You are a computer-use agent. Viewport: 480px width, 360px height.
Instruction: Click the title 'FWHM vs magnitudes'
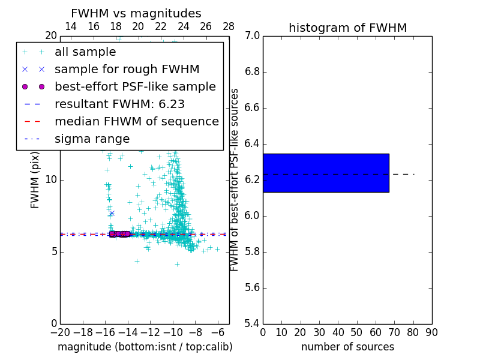(136, 14)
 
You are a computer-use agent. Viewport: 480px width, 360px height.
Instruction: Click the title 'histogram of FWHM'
(347, 28)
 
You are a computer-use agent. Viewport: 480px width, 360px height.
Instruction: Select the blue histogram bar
(326, 173)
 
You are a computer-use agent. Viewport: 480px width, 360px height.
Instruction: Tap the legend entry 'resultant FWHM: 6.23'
(119, 104)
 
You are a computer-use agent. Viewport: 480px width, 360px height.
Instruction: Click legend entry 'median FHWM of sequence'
(136, 122)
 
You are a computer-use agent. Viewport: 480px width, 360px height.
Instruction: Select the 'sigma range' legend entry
(92, 139)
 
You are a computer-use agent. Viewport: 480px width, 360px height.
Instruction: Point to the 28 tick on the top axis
(229, 26)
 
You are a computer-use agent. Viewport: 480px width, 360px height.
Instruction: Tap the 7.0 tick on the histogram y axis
(253, 36)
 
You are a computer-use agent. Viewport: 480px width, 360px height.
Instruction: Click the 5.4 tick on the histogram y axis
(253, 323)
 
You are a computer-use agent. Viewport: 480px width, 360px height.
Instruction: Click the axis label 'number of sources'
(347, 347)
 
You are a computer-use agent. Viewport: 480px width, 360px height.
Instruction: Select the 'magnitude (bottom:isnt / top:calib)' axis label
(145, 347)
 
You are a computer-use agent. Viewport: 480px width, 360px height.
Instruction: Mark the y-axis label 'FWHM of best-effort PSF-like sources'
(235, 180)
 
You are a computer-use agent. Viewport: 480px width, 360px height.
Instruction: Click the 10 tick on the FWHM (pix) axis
(51, 180)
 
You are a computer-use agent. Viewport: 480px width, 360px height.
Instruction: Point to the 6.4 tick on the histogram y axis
(253, 144)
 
